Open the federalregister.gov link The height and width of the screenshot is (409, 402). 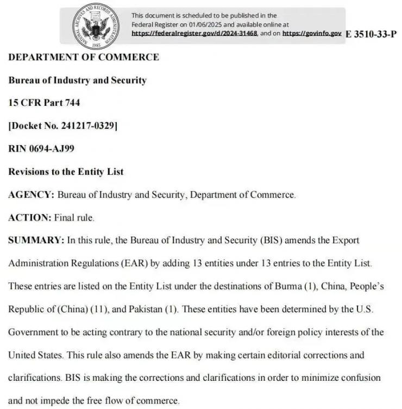[194, 33]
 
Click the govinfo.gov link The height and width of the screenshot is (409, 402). [312, 33]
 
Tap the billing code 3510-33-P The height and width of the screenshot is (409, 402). [371, 34]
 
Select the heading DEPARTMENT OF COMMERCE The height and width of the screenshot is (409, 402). [84, 57]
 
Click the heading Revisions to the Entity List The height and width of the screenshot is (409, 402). [66, 172]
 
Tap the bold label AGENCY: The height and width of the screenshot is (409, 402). [31, 194]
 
